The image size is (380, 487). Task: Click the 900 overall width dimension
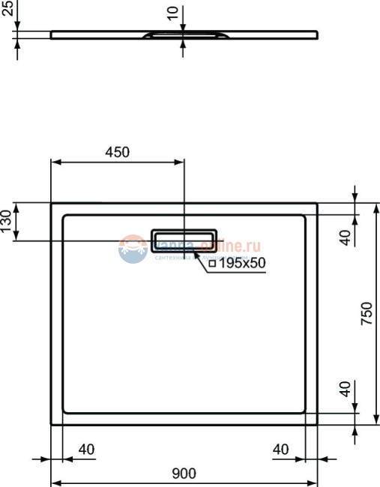pos(184,473)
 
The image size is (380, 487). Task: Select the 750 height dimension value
pos(367,313)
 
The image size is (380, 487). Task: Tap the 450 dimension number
pos(117,151)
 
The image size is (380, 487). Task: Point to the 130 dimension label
pos(7,222)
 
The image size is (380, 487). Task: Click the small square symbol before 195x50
pos(212,264)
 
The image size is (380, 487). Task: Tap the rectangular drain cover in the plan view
pos(184,240)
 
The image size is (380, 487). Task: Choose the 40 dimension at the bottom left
pos(86,450)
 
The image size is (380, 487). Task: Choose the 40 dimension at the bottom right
pos(281,450)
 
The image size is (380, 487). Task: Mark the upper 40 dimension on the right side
pos(346,237)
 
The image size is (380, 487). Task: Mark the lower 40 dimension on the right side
pos(346,389)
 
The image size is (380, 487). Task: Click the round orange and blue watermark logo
pos(132,248)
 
